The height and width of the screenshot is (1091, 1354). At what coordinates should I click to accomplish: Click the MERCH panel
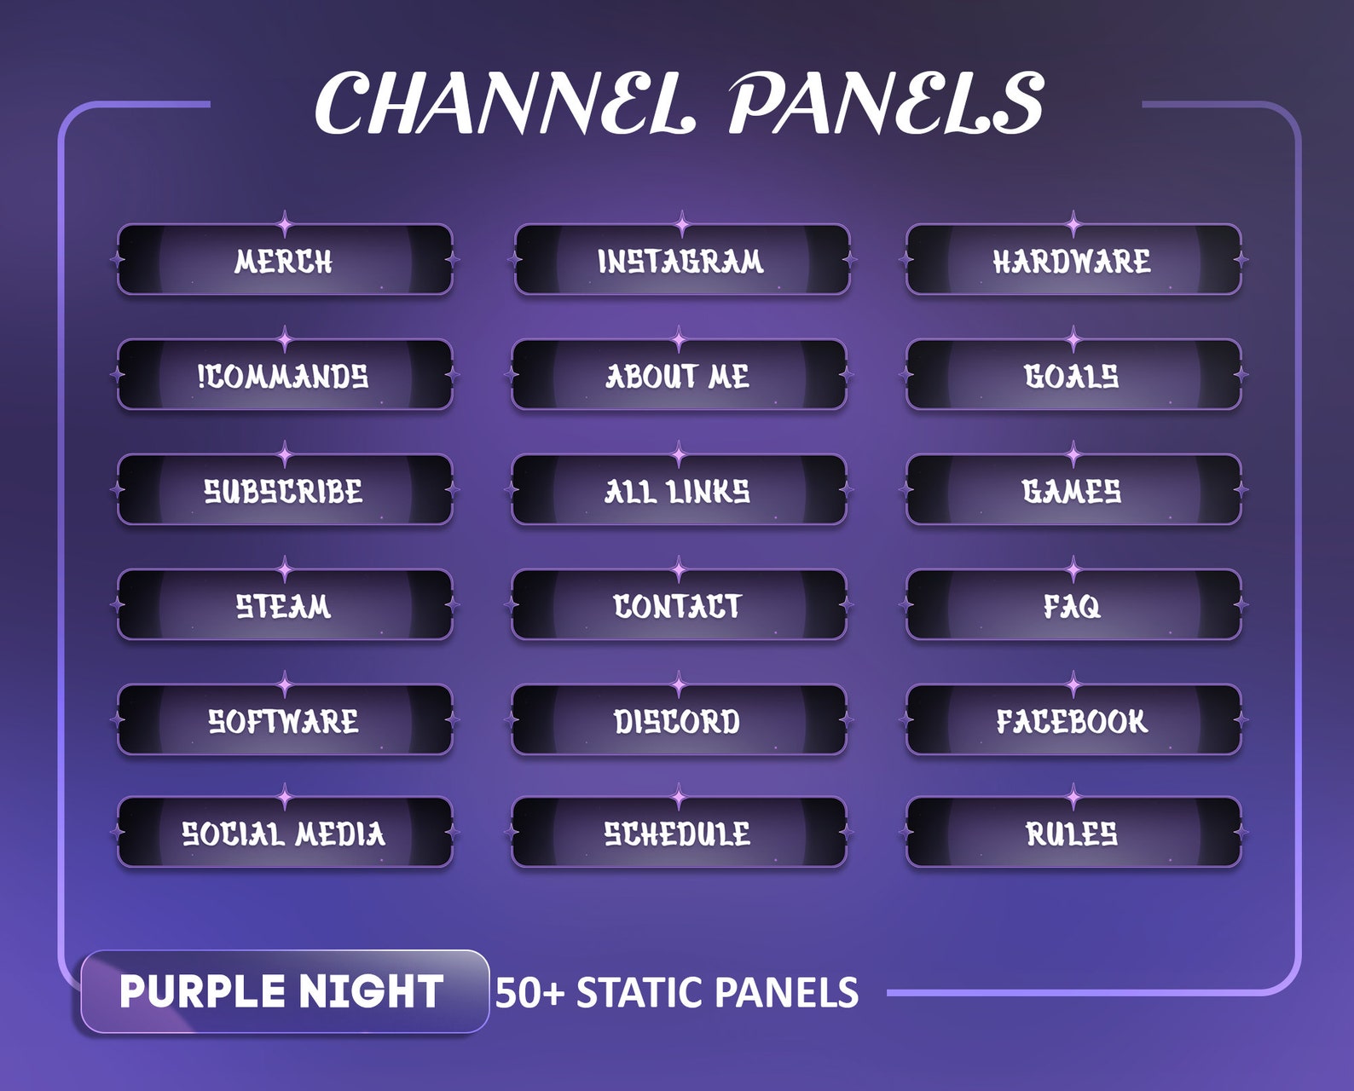[284, 260]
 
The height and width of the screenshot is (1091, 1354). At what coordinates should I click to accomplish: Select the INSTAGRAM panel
[681, 260]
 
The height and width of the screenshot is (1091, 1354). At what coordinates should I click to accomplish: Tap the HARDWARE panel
[1073, 260]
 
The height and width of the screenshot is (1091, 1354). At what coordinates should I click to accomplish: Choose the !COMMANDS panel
[284, 375]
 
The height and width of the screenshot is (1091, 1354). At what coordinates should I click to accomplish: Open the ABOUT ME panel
[679, 375]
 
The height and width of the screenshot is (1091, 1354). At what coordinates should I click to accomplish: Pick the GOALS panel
[1073, 375]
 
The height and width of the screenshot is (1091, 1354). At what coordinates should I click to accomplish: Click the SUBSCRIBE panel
[284, 490]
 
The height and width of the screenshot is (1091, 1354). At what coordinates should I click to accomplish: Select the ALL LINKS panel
[679, 490]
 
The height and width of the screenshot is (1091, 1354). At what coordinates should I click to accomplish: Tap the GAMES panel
[1073, 490]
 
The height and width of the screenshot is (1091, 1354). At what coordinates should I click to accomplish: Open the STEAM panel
[284, 605]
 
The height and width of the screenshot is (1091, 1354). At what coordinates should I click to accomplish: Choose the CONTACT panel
[679, 605]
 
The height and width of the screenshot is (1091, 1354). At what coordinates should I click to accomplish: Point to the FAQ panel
[1073, 605]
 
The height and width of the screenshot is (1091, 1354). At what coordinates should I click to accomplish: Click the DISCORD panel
[679, 720]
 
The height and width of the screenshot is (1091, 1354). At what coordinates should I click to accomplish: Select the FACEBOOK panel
[1073, 720]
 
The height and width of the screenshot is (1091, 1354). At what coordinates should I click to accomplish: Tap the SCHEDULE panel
[679, 833]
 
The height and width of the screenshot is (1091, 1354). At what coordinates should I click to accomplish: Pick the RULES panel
[1073, 833]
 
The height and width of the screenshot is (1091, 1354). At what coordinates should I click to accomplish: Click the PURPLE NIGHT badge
[284, 991]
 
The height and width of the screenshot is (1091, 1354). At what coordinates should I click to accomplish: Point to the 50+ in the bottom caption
[529, 993]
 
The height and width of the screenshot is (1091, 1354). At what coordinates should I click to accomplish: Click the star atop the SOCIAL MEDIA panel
[285, 799]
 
